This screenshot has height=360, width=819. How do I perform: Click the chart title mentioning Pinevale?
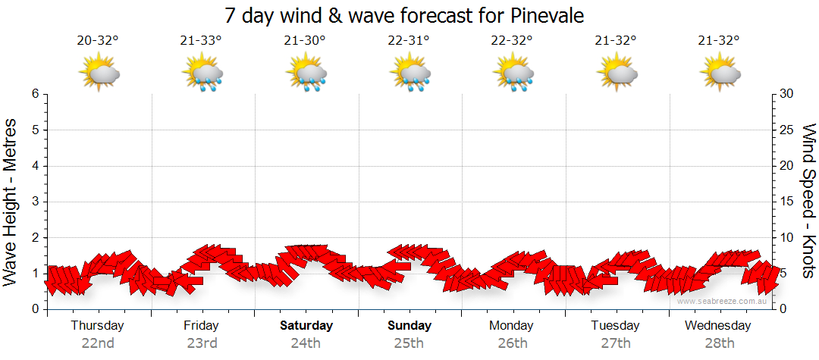[405, 16]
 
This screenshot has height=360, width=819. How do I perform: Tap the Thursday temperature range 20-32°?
[98, 40]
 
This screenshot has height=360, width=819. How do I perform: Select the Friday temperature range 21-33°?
[202, 40]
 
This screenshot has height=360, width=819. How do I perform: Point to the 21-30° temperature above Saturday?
[305, 40]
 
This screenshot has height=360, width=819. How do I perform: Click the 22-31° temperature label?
[409, 40]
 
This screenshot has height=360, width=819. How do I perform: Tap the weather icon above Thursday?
[99, 74]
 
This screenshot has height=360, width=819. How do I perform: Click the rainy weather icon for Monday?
[513, 74]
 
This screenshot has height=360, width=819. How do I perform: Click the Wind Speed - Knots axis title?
[807, 202]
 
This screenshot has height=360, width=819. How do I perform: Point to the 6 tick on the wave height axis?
[35, 94]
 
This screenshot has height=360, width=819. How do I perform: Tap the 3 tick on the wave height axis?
[35, 202]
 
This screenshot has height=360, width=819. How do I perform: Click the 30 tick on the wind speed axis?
[787, 94]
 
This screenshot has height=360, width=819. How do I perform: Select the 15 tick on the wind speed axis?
[787, 202]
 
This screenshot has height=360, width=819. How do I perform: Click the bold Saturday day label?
[306, 326]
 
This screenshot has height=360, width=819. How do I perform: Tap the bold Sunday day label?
[409, 326]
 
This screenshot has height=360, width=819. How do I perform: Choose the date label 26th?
[513, 343]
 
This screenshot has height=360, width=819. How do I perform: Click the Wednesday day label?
[717, 326]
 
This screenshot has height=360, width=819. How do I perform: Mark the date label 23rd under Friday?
[202, 343]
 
